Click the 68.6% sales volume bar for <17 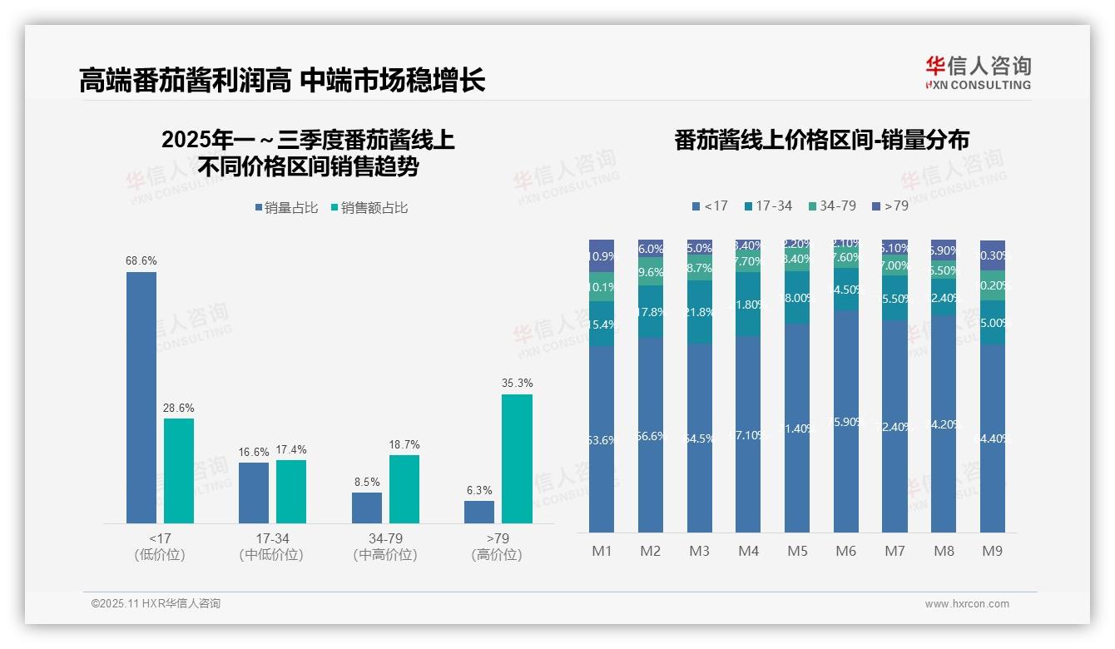click(141, 397)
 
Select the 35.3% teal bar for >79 click(517, 458)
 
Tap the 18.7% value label click(404, 445)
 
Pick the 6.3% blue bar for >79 click(479, 512)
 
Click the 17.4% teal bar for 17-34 click(291, 491)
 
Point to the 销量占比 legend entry click(286, 208)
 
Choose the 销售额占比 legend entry click(369, 208)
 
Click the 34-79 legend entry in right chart click(831, 206)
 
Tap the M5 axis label click(797, 551)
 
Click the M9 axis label click(992, 551)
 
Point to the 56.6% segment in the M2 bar click(651, 434)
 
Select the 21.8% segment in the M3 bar click(700, 312)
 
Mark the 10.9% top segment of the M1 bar click(602, 256)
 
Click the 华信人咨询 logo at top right click(978, 72)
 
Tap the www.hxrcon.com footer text click(967, 604)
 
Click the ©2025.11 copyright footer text click(156, 604)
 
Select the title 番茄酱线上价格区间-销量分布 click(821, 140)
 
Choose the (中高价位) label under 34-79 click(384, 555)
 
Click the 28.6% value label click(179, 409)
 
